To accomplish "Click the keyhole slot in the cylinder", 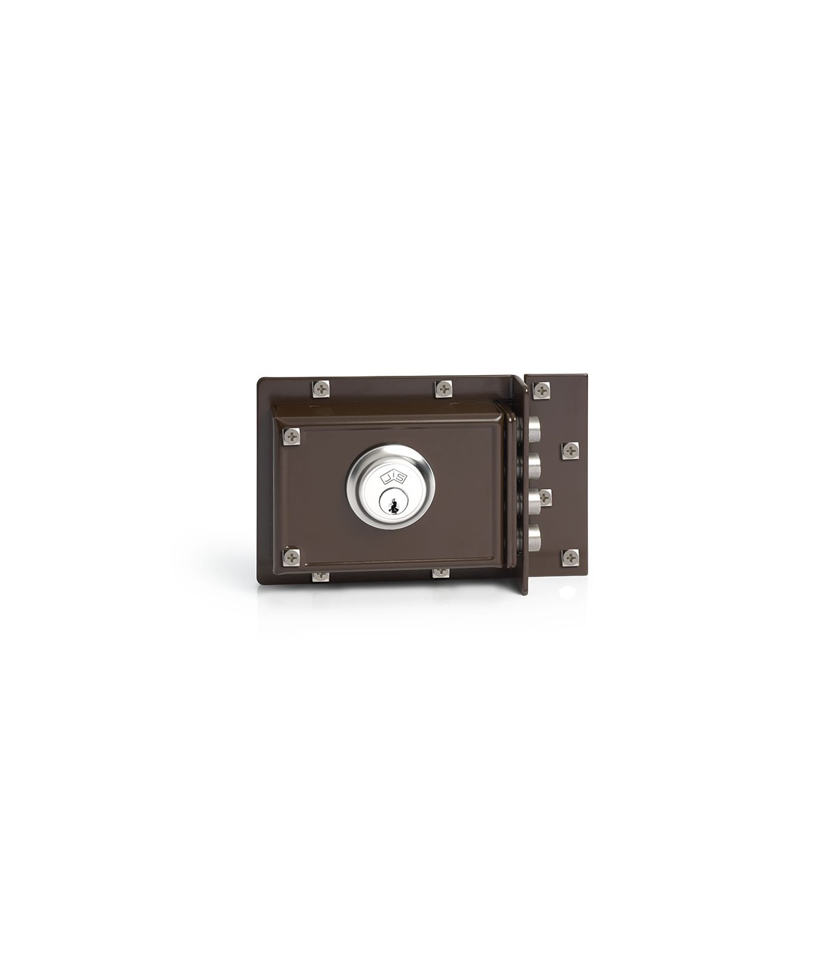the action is tap(392, 504).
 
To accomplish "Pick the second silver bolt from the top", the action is tap(535, 464).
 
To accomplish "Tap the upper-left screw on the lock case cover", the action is tap(292, 436).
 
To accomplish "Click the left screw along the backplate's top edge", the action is tap(320, 388).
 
